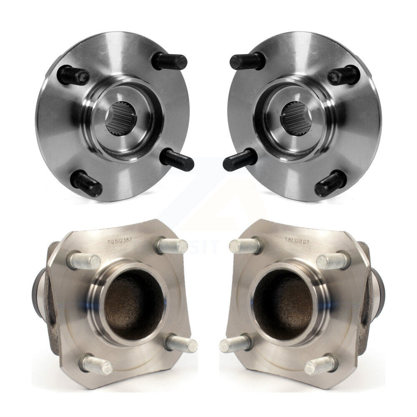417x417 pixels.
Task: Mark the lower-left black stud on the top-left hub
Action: (86, 183)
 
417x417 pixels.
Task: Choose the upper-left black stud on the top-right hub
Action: (247, 62)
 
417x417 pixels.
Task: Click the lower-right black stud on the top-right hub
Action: (330, 183)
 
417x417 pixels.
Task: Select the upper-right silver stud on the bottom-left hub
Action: (171, 246)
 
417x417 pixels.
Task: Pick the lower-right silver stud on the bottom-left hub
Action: (181, 344)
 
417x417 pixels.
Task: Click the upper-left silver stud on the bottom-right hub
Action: (246, 246)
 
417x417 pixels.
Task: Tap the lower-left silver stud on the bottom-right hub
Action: (236, 344)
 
